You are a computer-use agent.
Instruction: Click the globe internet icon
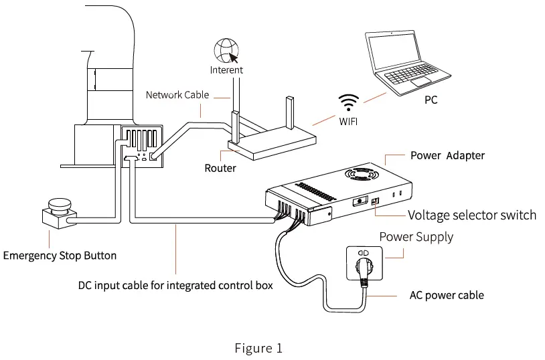pyautogui.click(x=226, y=52)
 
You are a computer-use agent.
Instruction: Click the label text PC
pyautogui.click(x=431, y=100)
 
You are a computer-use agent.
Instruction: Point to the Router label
pyautogui.click(x=220, y=168)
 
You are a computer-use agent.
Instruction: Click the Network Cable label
pyautogui.click(x=177, y=95)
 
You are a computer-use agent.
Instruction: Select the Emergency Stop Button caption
pyautogui.click(x=60, y=255)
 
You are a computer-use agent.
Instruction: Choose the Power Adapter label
pyautogui.click(x=447, y=155)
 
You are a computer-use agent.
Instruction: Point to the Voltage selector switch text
pyautogui.click(x=472, y=215)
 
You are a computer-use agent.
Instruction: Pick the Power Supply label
pyautogui.click(x=416, y=237)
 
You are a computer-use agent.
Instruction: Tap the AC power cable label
pyautogui.click(x=447, y=295)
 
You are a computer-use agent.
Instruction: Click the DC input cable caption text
pyautogui.click(x=175, y=286)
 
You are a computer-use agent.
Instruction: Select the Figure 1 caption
pyautogui.click(x=258, y=348)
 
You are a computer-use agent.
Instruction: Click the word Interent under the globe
pyautogui.click(x=226, y=70)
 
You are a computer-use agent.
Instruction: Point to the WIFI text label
pyautogui.click(x=347, y=120)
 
